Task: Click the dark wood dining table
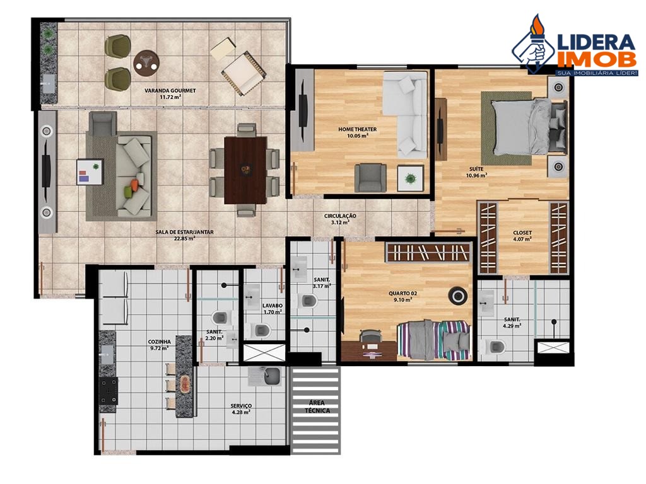(245, 170)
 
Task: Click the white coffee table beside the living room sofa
(90, 171)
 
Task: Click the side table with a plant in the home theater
(410, 178)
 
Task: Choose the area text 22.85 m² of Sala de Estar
(184, 239)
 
